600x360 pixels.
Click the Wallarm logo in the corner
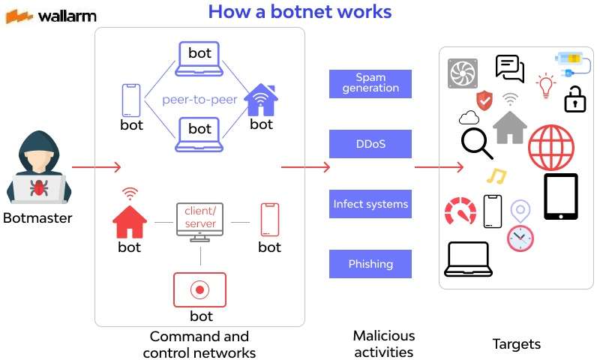(x=51, y=15)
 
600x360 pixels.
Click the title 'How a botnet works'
(x=299, y=12)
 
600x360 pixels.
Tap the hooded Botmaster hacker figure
(x=37, y=169)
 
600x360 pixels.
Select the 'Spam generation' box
(x=370, y=83)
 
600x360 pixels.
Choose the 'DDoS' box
(x=370, y=143)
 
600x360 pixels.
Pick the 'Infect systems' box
(x=370, y=204)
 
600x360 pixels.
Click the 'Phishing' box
(x=370, y=264)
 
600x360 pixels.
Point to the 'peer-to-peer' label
(x=199, y=99)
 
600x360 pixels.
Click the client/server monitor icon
(x=199, y=221)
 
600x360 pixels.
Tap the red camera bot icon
(x=199, y=289)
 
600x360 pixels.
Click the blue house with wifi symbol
(x=261, y=100)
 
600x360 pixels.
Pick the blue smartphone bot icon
(x=131, y=100)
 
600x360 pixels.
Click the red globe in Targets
(x=551, y=147)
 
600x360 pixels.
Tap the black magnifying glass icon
(x=476, y=143)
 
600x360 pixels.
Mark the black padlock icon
(x=574, y=97)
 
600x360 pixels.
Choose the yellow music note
(x=496, y=176)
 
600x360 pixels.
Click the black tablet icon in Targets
(x=560, y=196)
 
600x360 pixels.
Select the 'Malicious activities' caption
(x=384, y=343)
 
